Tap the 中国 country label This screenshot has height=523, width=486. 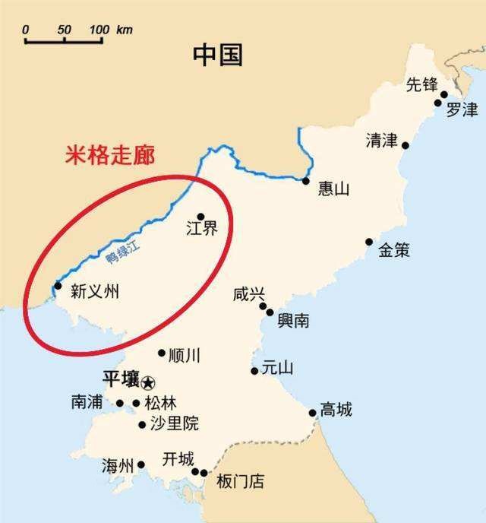217,54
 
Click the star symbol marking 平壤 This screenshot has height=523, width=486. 147,382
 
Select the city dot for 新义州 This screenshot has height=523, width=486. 58,286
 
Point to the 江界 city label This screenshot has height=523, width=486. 201,229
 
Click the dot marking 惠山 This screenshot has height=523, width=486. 305,181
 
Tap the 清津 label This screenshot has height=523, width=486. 381,141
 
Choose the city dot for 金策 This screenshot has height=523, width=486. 369,242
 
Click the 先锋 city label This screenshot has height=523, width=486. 422,84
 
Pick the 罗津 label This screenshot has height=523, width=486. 462,109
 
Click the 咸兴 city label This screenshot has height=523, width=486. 249,294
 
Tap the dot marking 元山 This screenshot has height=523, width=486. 254,371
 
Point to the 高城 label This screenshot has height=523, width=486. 336,410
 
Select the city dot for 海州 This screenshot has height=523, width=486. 140,464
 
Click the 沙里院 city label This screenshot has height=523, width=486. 174,424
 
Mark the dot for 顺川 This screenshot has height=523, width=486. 161,353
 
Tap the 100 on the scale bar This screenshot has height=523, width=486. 99,30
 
